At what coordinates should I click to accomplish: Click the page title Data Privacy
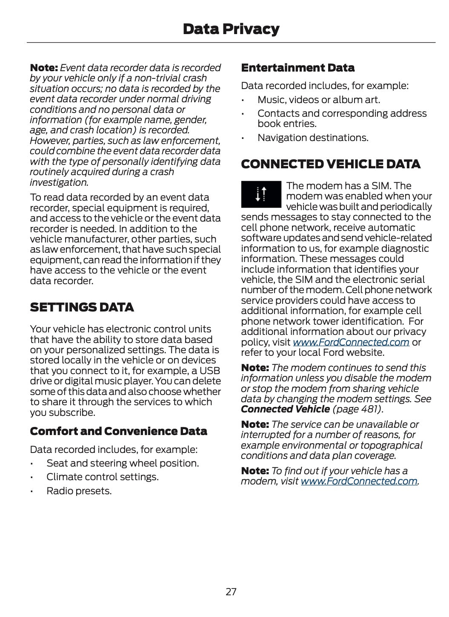tap(231, 29)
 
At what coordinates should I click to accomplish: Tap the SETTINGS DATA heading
tap(82, 307)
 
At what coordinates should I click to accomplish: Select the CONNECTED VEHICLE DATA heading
tap(331, 164)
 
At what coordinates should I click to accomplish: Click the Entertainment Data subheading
tap(297, 68)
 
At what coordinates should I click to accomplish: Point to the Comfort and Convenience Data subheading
tap(118, 431)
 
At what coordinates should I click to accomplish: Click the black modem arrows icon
tap(261, 194)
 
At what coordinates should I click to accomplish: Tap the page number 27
tap(231, 591)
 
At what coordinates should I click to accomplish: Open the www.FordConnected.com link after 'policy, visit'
tap(351, 342)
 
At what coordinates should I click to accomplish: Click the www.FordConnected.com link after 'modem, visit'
tap(359, 481)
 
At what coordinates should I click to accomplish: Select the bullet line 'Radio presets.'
tap(79, 491)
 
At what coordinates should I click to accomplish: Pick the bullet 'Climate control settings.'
tap(103, 477)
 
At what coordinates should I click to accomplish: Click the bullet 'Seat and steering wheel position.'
tap(123, 463)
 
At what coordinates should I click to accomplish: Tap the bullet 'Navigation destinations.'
tap(313, 138)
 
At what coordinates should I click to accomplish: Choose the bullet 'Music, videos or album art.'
tap(319, 100)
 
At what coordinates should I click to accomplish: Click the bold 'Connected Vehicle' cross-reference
tap(285, 409)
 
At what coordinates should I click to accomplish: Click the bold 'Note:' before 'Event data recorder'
tap(44, 68)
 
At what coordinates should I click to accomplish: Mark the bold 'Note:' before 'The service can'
tap(255, 424)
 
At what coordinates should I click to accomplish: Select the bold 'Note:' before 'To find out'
tap(255, 471)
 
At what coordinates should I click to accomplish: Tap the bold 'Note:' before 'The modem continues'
tap(255, 368)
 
